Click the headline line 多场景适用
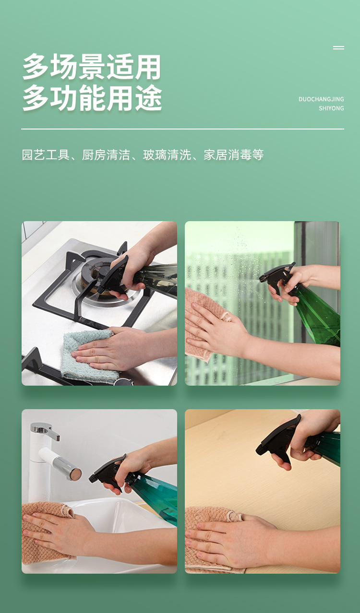pyautogui.click(x=92, y=67)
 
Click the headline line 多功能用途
pyautogui.click(x=92, y=98)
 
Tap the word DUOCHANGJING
pyautogui.click(x=321, y=99)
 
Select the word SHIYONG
pyautogui.click(x=331, y=108)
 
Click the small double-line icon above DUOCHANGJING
pyautogui.click(x=339, y=47)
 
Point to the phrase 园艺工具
pyautogui.click(x=46, y=155)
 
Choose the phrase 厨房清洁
pyautogui.click(x=106, y=155)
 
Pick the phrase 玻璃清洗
pyautogui.click(x=167, y=155)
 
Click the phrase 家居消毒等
pyautogui.click(x=234, y=155)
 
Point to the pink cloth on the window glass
pyautogui.click(x=203, y=323)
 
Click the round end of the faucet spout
pyautogui.click(x=75, y=474)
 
